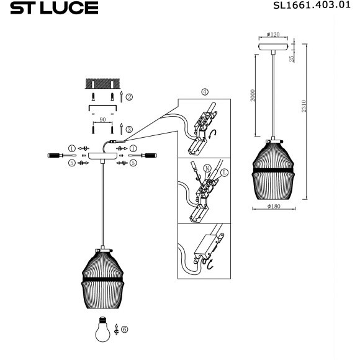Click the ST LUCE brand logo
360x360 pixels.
pyautogui.click(x=55, y=8)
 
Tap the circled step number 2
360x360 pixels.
pyautogui.click(x=129, y=97)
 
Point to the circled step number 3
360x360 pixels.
pyautogui.click(x=129, y=129)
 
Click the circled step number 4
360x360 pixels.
pyautogui.click(x=205, y=92)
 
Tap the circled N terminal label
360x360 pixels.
pyautogui.click(x=207, y=167)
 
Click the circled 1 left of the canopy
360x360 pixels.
pyautogui.click(x=72, y=148)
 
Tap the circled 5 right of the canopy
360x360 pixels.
pyautogui.click(x=133, y=163)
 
